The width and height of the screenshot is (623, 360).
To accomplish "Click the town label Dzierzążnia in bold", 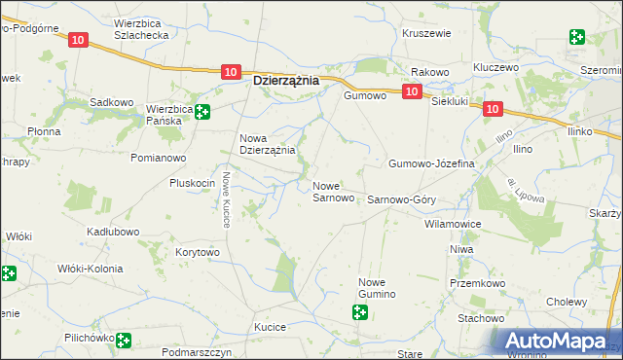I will pyautogui.click(x=286, y=82).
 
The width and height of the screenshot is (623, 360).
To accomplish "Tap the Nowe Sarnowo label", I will pyautogui.click(x=333, y=192).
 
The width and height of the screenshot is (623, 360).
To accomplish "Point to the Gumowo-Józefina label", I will pyautogui.click(x=431, y=163).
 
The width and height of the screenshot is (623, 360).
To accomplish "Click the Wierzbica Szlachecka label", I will pyautogui.click(x=142, y=27).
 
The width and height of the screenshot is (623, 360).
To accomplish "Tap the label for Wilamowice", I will pyautogui.click(x=453, y=224).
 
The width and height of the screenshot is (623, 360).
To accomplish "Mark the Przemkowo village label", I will pyautogui.click(x=474, y=284).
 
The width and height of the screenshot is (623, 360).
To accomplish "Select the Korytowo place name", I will pyautogui.click(x=198, y=252).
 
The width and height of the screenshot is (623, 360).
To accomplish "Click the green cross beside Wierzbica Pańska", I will pyautogui.click(x=202, y=112).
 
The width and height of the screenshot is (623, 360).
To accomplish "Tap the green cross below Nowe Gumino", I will pyautogui.click(x=360, y=312).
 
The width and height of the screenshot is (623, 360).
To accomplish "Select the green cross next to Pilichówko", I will pyautogui.click(x=124, y=340).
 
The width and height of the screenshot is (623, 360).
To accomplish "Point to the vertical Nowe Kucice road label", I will pyautogui.click(x=225, y=198).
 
